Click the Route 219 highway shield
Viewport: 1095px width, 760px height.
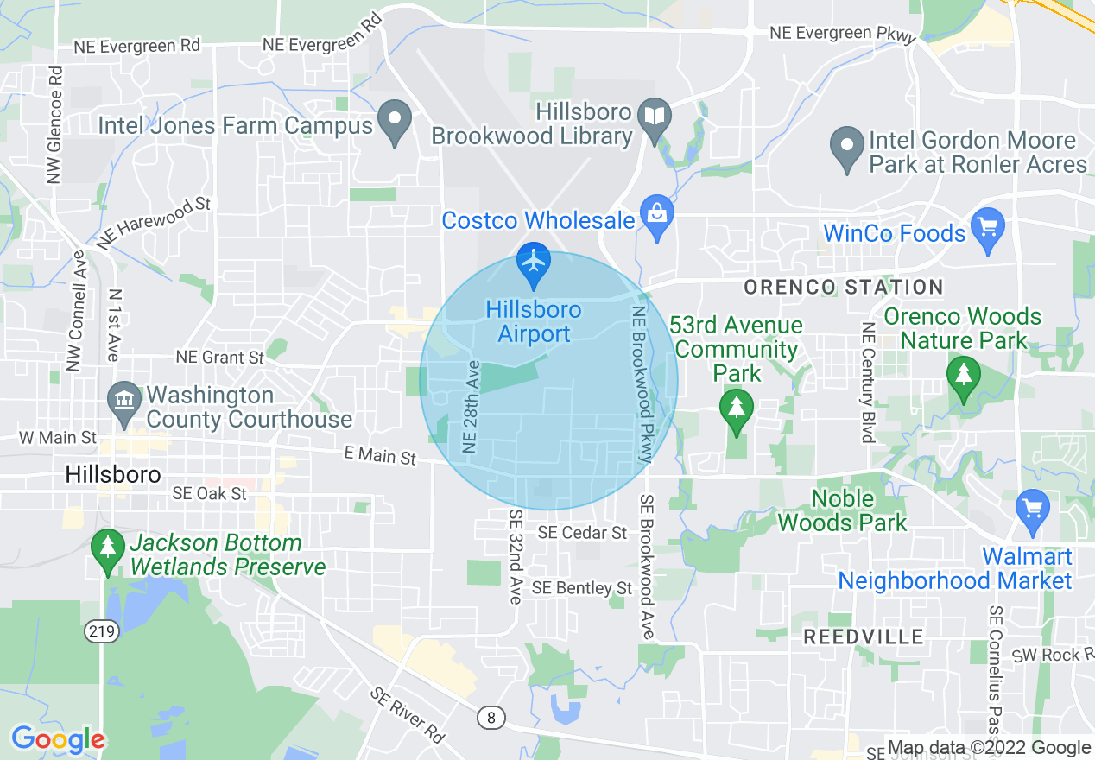[x=101, y=631]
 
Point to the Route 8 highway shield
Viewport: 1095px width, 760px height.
[x=491, y=716]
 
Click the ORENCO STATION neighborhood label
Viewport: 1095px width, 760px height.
[x=843, y=287]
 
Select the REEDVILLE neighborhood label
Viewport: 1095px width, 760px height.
[x=864, y=637]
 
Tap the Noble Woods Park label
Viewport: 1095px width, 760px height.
[x=842, y=510]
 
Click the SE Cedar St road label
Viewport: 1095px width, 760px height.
[x=582, y=533]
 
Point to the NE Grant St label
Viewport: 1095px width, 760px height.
[x=219, y=357]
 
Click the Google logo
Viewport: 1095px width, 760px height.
[x=58, y=739]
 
